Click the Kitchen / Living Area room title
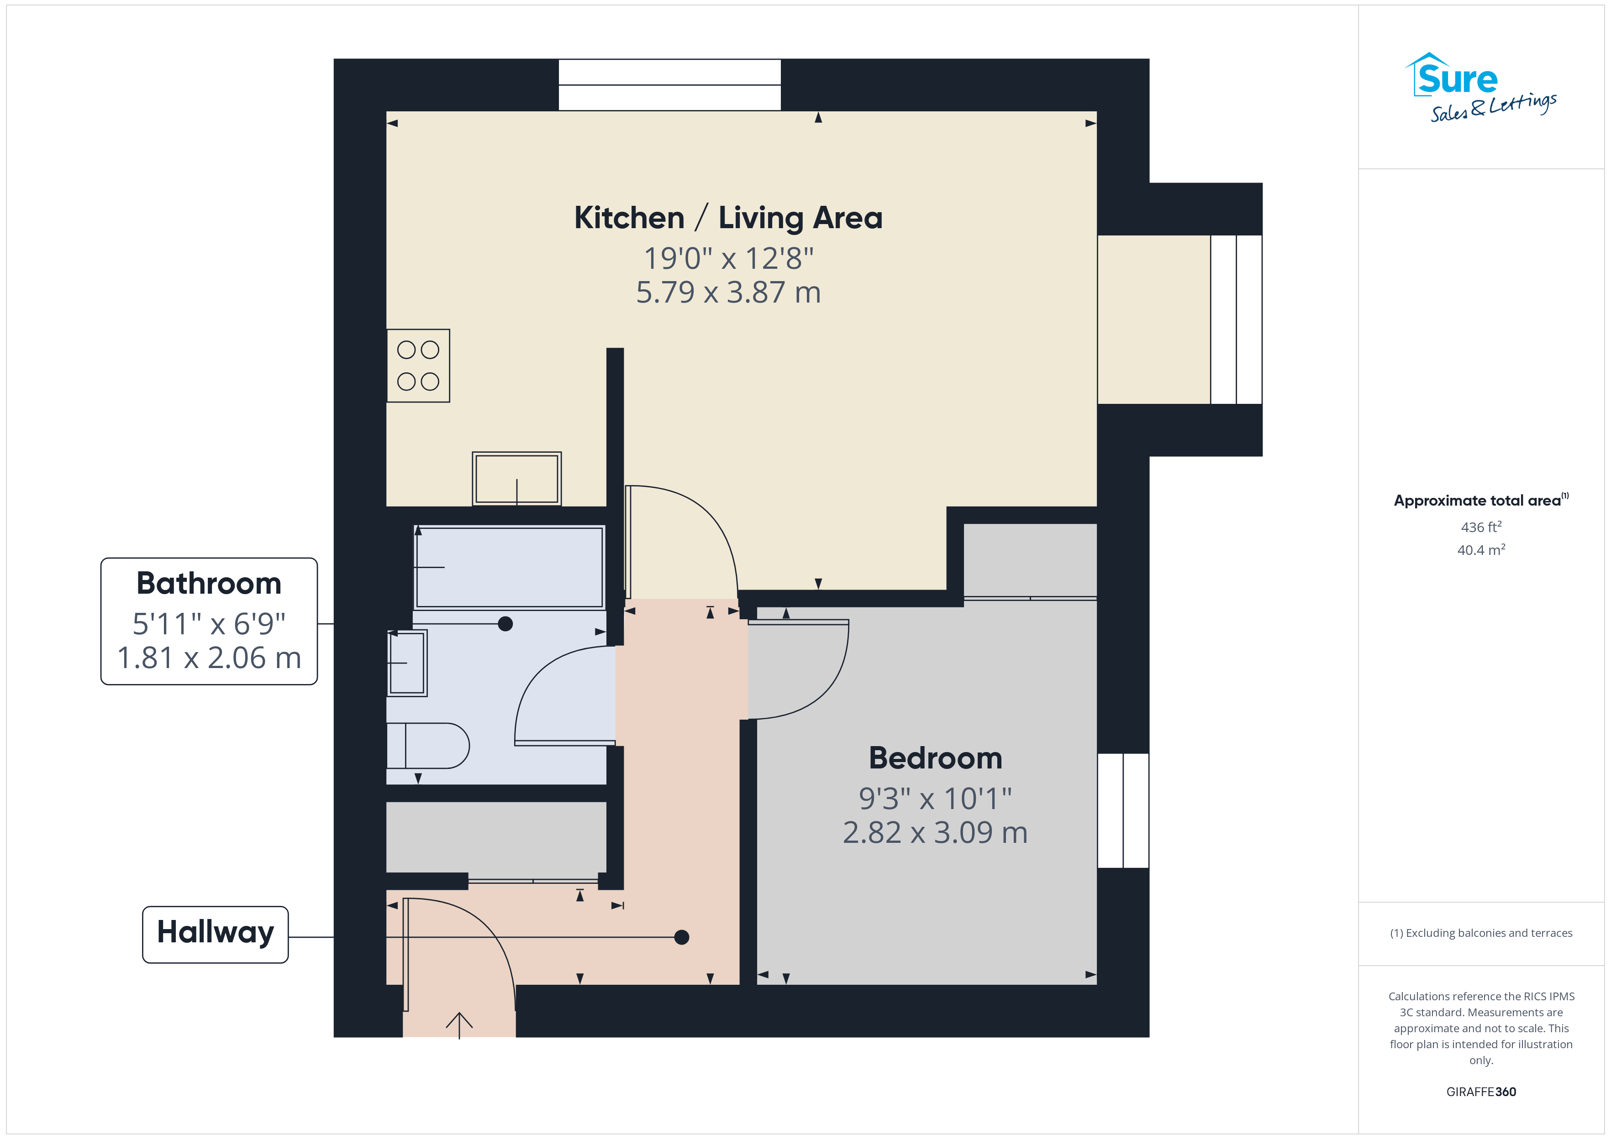728,218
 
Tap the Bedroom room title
935,758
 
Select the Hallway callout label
216,934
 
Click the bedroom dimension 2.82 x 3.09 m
935,832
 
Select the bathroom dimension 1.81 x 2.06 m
209,658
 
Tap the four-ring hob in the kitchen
418,366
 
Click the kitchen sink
516,478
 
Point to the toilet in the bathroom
428,746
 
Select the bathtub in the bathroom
510,567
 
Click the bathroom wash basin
407,663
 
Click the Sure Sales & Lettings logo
1480,88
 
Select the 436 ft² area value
1481,527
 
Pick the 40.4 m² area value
1481,550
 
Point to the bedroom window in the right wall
1123,811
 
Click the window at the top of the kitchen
669,85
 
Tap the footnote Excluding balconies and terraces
1481,933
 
